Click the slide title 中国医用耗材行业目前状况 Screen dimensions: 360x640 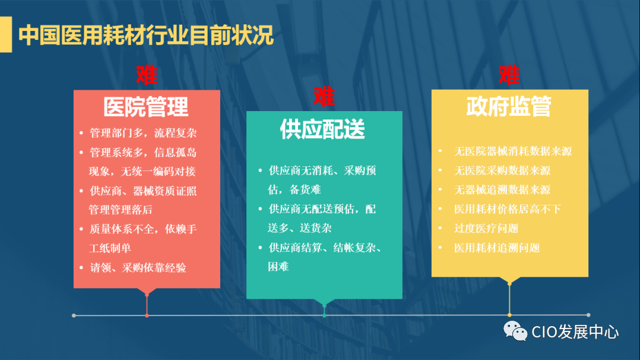coord(146,35)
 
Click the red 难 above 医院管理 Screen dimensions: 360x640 coord(147,75)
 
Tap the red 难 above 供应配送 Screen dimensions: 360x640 coord(324,96)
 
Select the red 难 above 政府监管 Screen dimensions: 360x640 coord(509,75)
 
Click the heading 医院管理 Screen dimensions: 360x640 coord(147,107)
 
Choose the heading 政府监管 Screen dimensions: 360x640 coord(509,106)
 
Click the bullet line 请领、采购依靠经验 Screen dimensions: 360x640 coord(138,267)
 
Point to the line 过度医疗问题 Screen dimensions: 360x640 coord(486,228)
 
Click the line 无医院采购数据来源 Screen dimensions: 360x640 coord(502,170)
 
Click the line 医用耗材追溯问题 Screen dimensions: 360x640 coord(497,248)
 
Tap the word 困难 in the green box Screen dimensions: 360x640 coord(278,267)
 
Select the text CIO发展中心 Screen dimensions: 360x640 coord(575,332)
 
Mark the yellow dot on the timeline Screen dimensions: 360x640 coord(509,315)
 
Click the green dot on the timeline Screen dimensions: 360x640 coord(324,315)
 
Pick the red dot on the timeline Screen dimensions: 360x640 coord(147,315)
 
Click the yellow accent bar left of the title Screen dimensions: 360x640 coord(5,35)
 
